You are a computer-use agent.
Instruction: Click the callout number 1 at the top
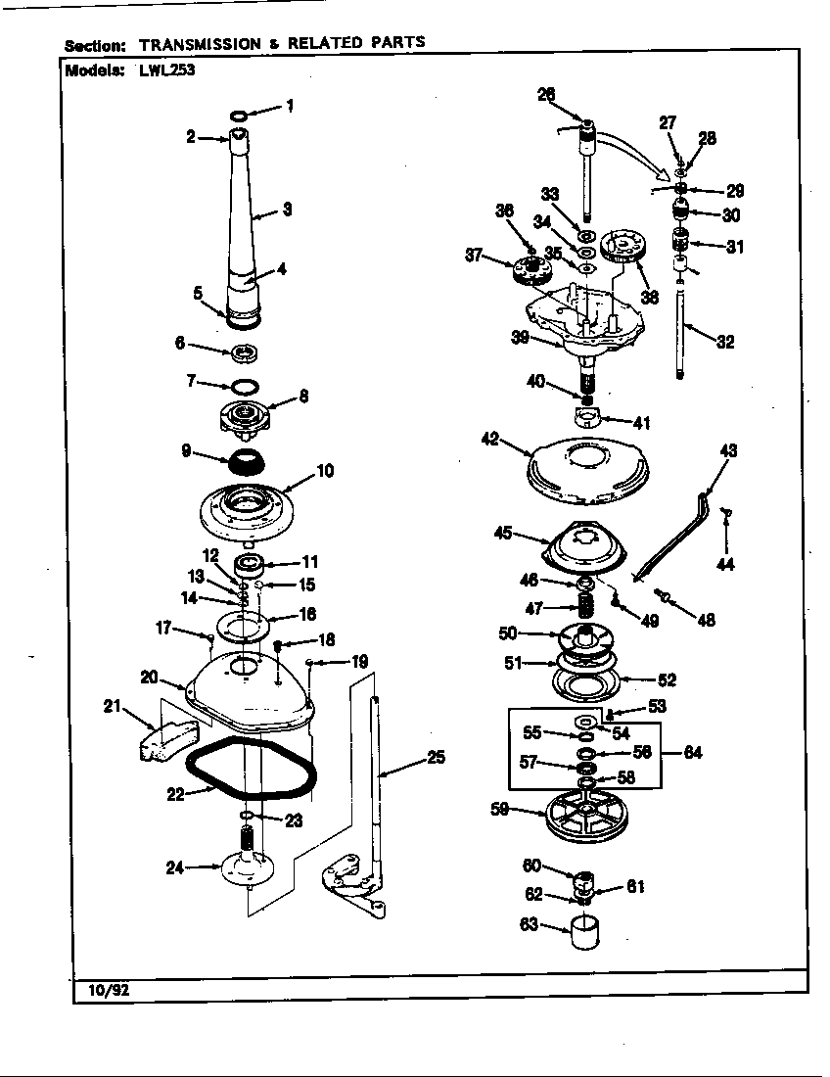pyautogui.click(x=289, y=106)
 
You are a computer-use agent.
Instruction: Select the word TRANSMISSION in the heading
pyautogui.click(x=200, y=44)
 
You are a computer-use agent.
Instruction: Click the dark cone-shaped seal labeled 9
pyautogui.click(x=243, y=459)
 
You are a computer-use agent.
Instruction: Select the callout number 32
pyautogui.click(x=724, y=342)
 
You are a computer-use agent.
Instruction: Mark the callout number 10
pyautogui.click(x=325, y=471)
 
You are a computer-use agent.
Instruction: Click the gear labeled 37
pyautogui.click(x=529, y=267)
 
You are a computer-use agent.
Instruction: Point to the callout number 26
pyautogui.click(x=546, y=94)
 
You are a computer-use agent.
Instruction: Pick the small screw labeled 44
pyautogui.click(x=727, y=513)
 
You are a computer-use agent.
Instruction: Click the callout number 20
pyautogui.click(x=149, y=677)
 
